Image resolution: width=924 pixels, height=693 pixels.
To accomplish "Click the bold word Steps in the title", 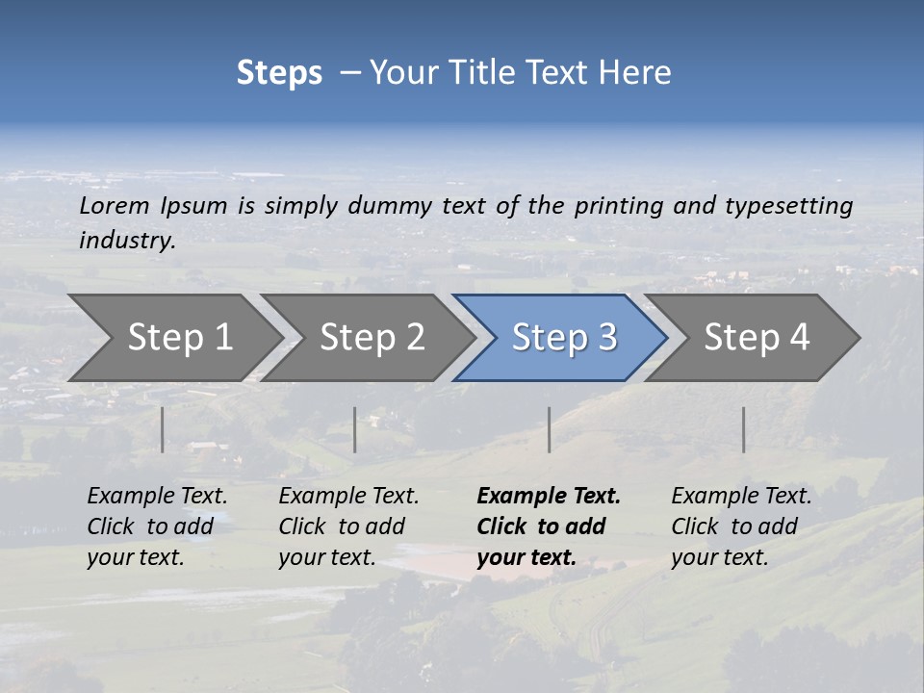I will click(x=279, y=73).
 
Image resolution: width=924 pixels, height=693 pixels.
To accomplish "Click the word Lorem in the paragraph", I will click(x=115, y=206).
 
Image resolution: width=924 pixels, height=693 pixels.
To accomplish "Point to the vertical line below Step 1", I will click(x=163, y=429).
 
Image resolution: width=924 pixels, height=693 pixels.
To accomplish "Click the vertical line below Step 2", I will click(x=355, y=429).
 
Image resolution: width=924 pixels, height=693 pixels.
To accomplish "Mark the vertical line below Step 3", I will click(x=550, y=429).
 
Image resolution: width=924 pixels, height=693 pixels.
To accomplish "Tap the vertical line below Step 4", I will click(x=744, y=429).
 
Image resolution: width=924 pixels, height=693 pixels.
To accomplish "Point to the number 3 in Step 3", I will click(x=606, y=338).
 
